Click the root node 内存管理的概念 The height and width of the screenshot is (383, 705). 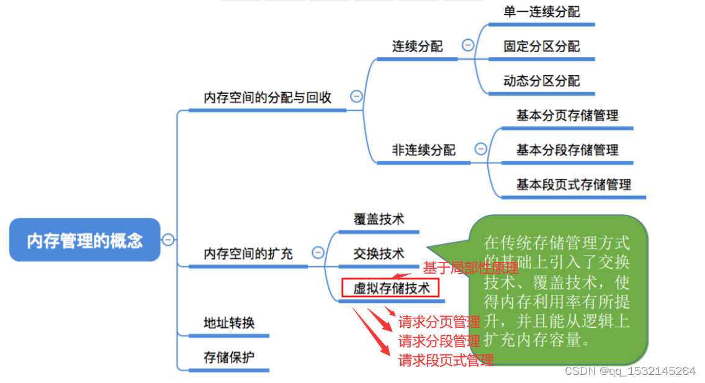click(85, 240)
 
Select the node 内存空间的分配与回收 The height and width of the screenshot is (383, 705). click(267, 97)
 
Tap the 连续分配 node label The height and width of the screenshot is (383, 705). click(417, 47)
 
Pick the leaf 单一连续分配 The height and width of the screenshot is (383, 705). click(541, 12)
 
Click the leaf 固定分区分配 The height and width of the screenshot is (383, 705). click(541, 47)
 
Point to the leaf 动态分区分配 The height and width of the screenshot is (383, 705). click(541, 81)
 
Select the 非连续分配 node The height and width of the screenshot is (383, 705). click(423, 150)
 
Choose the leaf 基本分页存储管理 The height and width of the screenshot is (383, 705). click(567, 115)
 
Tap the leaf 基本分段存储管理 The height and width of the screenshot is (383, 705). click(567, 150)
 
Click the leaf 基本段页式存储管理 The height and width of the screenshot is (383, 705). click(573, 184)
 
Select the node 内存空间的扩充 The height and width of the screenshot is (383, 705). click(248, 254)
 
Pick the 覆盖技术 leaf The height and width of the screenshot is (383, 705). click(379, 219)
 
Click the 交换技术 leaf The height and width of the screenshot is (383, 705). click(379, 254)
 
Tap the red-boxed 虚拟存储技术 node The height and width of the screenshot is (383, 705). click(391, 288)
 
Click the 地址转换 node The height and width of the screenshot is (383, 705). click(229, 323)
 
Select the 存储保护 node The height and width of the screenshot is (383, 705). click(229, 358)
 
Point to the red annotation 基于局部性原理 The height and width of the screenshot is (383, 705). click(470, 268)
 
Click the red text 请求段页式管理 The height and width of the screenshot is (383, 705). click(446, 360)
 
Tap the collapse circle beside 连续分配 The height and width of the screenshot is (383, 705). click(468, 45)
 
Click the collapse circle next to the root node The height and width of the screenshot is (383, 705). click(168, 240)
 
